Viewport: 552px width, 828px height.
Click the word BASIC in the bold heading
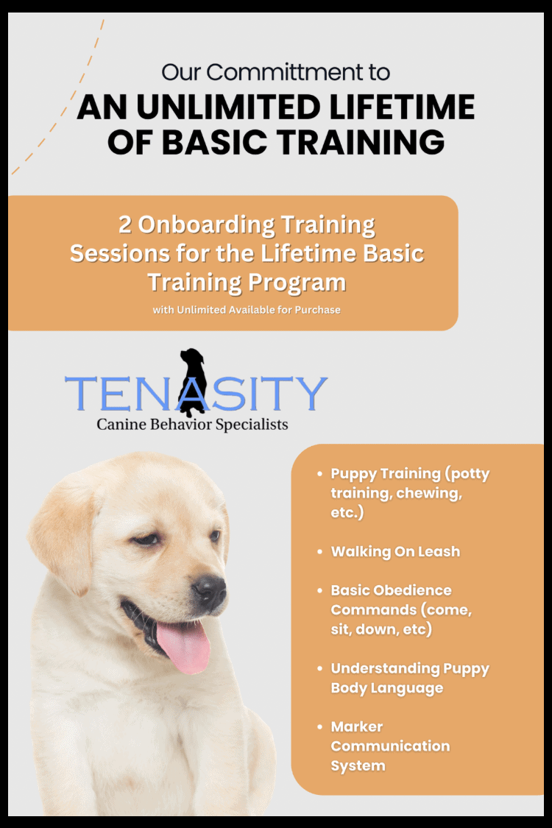pos(214,142)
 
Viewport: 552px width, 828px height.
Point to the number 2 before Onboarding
pos(124,224)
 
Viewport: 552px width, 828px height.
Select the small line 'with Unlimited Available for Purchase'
pos(247,310)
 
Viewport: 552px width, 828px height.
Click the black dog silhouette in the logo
pos(193,381)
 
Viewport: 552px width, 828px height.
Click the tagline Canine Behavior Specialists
pos(192,425)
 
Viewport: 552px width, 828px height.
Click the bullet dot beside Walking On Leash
pos(319,552)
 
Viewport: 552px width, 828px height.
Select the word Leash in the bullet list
pos(439,552)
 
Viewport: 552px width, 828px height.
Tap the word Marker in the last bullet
pos(356,726)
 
